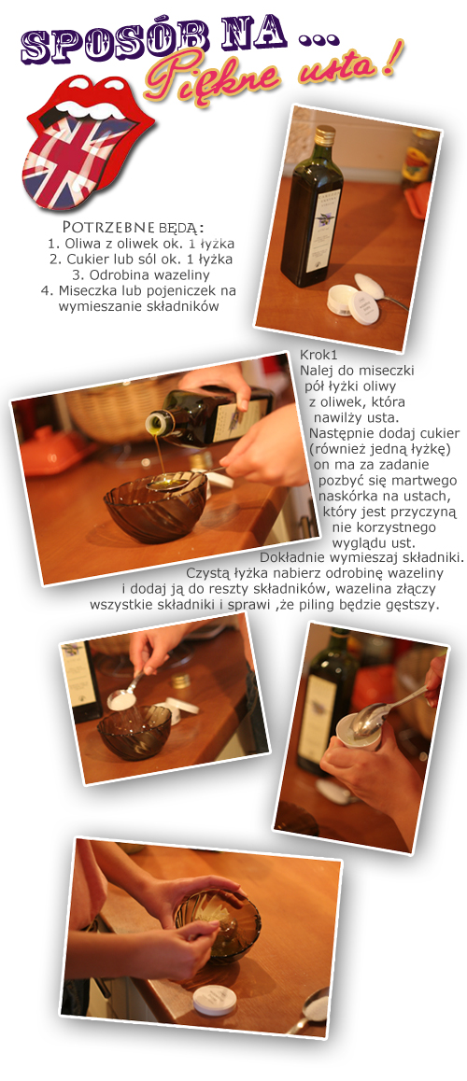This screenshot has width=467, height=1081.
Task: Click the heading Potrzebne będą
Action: click(x=134, y=227)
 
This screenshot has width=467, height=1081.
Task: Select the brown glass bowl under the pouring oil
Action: click(x=155, y=507)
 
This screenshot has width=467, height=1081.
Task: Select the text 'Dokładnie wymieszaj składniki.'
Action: click(x=362, y=555)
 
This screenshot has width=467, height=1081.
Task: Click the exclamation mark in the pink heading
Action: click(x=389, y=61)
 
